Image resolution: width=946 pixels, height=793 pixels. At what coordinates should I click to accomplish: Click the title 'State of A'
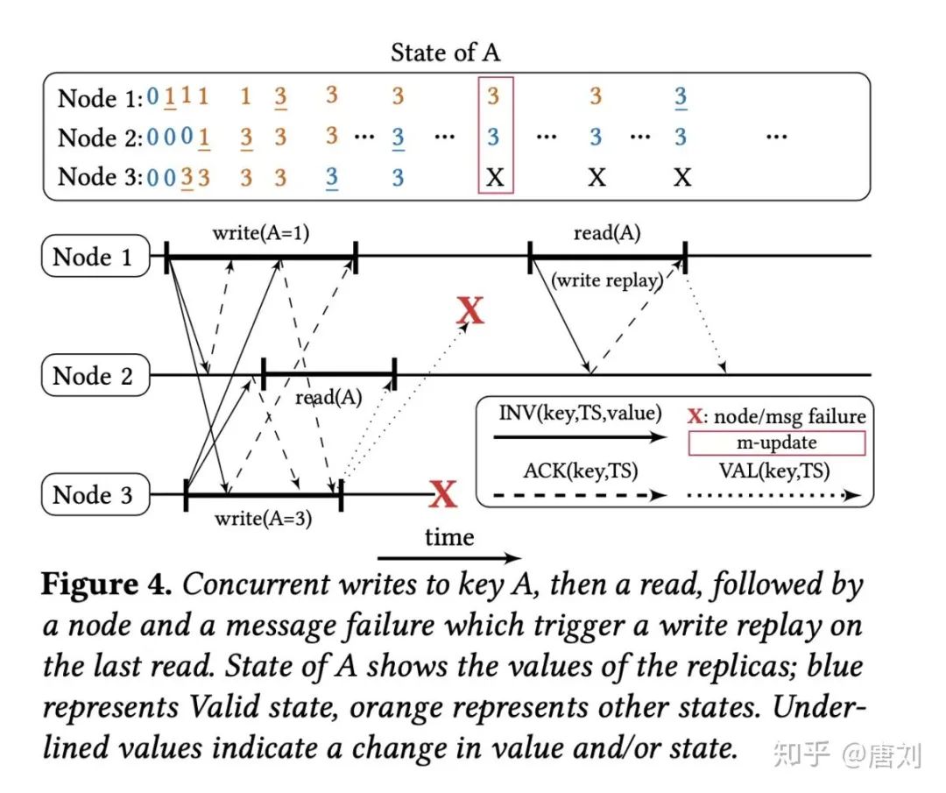pos(445,53)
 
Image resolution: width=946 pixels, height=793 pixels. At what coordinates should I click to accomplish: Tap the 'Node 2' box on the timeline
pos(94,376)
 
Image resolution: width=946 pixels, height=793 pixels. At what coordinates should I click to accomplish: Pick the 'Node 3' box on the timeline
pos(94,495)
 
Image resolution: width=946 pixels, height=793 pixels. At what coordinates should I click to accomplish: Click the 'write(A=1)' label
pos(260,234)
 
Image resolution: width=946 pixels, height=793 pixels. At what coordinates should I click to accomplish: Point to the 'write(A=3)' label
pos(263,518)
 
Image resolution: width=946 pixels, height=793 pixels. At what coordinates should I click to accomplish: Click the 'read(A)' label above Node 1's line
pos(606,233)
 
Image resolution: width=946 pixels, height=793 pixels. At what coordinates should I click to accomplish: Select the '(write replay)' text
pos(605,281)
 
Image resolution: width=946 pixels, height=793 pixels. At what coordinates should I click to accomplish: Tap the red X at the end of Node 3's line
pos(444,496)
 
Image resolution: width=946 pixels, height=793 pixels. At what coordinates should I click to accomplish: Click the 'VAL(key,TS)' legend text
pos(776,471)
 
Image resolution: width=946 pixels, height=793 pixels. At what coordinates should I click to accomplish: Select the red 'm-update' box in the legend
pos(776,443)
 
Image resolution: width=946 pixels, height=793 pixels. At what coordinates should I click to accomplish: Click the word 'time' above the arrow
pos(449,537)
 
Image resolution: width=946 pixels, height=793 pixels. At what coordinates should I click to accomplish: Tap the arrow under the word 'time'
pos(449,558)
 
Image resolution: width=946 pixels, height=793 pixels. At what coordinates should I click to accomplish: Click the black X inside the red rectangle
pos(495,178)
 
